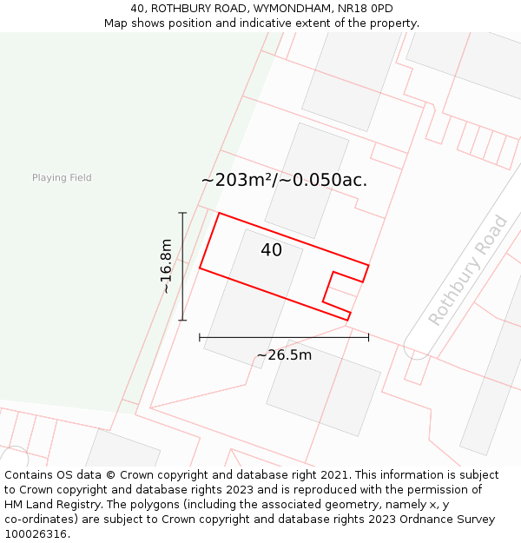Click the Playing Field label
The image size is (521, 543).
(62, 178)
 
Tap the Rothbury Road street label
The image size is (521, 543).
(468, 269)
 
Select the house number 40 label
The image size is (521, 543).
(271, 250)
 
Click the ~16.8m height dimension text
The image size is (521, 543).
(167, 266)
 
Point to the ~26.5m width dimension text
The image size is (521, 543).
(284, 355)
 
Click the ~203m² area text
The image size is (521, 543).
(237, 181)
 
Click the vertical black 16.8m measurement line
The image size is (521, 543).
(182, 266)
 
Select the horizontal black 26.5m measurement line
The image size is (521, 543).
(284, 336)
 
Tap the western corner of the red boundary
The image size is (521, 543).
(201, 268)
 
